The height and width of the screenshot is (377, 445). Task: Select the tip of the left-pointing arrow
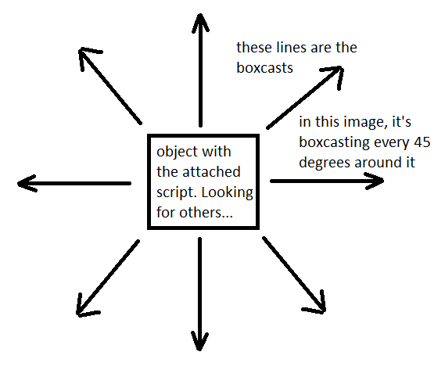18,184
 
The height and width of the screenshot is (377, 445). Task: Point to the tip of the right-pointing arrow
383,180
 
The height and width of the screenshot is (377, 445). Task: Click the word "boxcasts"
264,68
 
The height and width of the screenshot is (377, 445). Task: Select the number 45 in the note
422,142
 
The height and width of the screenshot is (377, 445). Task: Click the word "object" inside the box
177,152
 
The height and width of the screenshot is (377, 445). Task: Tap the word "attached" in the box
211,172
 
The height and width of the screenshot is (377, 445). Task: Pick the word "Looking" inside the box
227,192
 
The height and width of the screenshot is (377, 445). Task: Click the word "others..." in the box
206,212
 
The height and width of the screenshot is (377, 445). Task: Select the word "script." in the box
177,192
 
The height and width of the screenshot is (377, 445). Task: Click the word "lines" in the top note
292,47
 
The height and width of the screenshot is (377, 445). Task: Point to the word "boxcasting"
334,142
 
